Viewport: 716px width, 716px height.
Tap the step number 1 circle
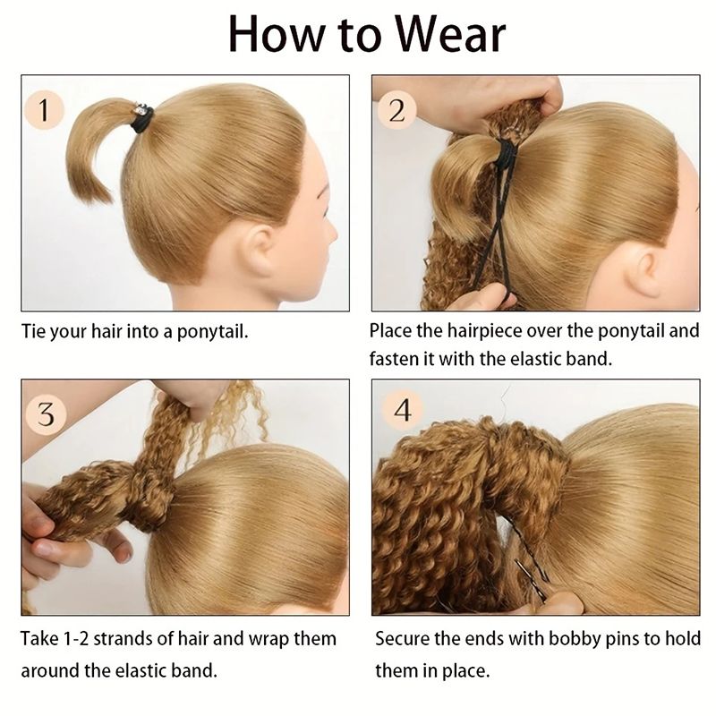[x=44, y=110]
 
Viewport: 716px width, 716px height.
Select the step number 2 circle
[x=396, y=110]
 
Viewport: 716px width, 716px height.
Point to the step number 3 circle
[x=46, y=414]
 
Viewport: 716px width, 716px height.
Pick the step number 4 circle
[x=402, y=410]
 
